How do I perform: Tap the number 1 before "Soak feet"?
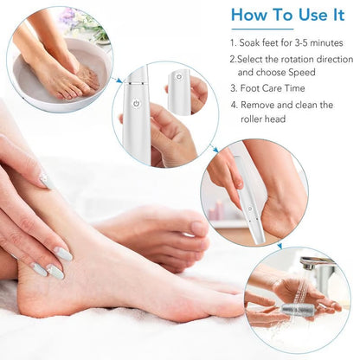click(x=233, y=41)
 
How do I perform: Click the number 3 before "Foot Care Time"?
click(x=233, y=88)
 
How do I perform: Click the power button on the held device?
click(x=136, y=103)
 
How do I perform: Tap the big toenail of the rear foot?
click(x=197, y=228)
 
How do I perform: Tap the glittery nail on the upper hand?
click(x=45, y=180)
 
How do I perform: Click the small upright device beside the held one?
click(x=179, y=90)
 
